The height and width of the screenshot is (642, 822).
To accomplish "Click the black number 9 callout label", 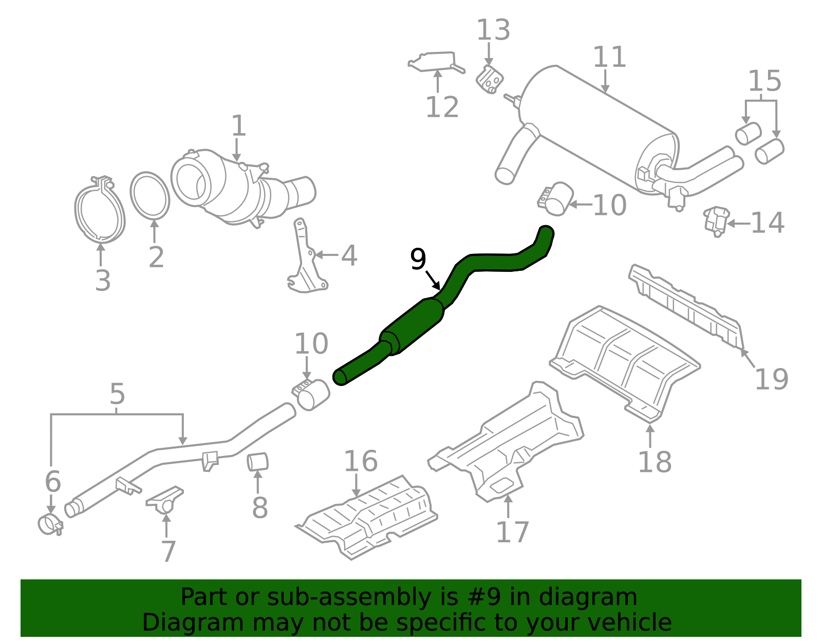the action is (x=418, y=259).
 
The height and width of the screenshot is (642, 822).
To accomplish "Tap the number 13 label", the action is (x=493, y=29).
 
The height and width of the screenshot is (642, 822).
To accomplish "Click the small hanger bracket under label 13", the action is (x=490, y=80).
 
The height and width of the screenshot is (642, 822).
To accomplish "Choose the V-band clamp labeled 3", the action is (x=100, y=209).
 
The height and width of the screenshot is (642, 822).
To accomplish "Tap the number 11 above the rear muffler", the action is (x=609, y=57).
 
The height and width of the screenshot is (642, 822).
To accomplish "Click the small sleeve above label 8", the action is (x=257, y=462).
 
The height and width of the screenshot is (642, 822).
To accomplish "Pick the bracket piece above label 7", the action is (x=165, y=500).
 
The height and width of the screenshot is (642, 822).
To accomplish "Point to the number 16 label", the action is (x=361, y=462).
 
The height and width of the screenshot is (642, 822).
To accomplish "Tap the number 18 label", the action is (x=655, y=462).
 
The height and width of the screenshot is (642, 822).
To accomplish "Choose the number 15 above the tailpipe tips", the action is (x=764, y=81).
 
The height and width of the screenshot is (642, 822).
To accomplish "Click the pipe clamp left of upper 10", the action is (x=555, y=199).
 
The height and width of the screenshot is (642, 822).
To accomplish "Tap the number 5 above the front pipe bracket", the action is (x=117, y=394).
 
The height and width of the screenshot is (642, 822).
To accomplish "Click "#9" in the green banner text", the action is (x=484, y=597).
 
